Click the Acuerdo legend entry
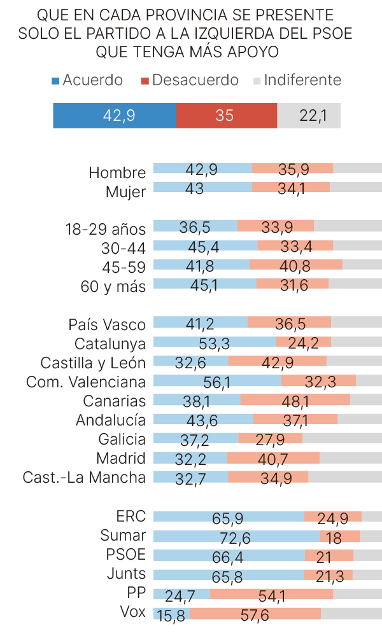click(x=87, y=80)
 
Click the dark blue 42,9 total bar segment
click(x=115, y=116)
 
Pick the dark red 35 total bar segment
click(x=226, y=116)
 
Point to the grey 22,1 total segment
click(x=309, y=116)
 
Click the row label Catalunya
click(x=110, y=344)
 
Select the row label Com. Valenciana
click(x=86, y=382)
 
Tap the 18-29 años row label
click(x=105, y=229)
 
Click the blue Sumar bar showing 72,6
click(x=236, y=536)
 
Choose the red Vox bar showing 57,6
click(x=255, y=613)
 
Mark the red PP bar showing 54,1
click(x=271, y=594)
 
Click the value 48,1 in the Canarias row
click(x=295, y=401)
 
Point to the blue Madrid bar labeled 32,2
click(x=190, y=458)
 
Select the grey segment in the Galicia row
click(x=342, y=438)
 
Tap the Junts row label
click(x=126, y=574)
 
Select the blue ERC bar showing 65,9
click(x=228, y=517)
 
